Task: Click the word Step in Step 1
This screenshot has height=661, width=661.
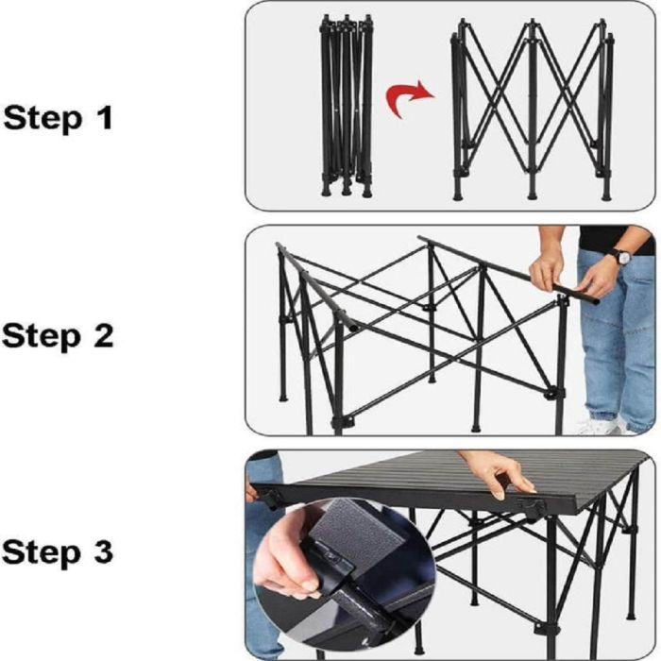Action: (x=42, y=119)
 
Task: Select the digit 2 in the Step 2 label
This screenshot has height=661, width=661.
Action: (x=104, y=335)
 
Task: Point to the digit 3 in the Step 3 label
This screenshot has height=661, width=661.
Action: (x=103, y=551)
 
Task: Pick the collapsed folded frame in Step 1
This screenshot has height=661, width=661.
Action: (x=347, y=106)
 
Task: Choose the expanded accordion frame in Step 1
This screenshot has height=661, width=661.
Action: (x=533, y=110)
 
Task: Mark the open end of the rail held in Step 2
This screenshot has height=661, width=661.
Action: (x=594, y=301)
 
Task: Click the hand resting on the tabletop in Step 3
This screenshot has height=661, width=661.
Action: (x=500, y=472)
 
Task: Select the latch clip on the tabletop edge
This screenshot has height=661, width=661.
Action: (x=531, y=503)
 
